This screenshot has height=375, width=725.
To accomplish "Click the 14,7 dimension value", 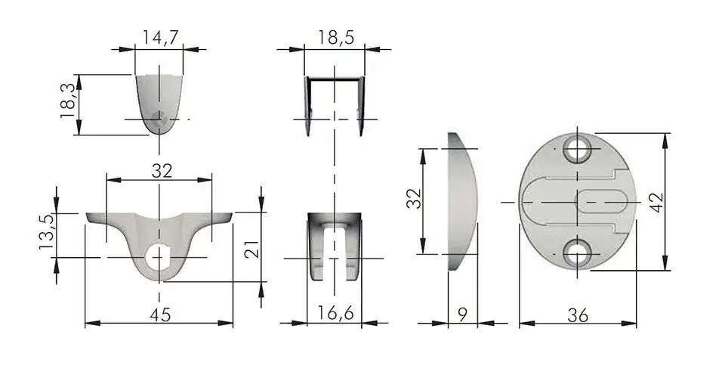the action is (x=159, y=38).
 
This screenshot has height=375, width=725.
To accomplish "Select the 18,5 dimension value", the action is (x=335, y=37).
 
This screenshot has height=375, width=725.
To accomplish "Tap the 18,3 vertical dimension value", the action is (x=67, y=101).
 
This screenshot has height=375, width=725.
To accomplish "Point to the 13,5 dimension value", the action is (x=48, y=232).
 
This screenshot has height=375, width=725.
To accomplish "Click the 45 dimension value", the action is (x=160, y=315).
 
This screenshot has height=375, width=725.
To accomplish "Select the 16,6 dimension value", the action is (x=335, y=314).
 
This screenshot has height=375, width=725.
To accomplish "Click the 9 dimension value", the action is (x=462, y=315).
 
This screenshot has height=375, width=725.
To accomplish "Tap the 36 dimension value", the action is (x=578, y=315).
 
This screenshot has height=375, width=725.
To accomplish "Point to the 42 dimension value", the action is (x=656, y=203).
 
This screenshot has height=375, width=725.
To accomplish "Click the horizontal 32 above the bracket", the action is (x=162, y=171).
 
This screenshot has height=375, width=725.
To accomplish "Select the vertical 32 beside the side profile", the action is (x=415, y=198).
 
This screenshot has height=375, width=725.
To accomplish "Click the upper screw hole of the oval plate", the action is (x=577, y=149).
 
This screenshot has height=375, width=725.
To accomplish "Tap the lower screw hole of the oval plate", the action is (x=577, y=254).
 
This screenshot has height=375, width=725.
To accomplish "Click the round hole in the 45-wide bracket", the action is (x=159, y=259).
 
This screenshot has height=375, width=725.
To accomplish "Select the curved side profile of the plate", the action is (x=462, y=202).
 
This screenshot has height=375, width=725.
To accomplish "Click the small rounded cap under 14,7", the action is (x=159, y=104).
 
